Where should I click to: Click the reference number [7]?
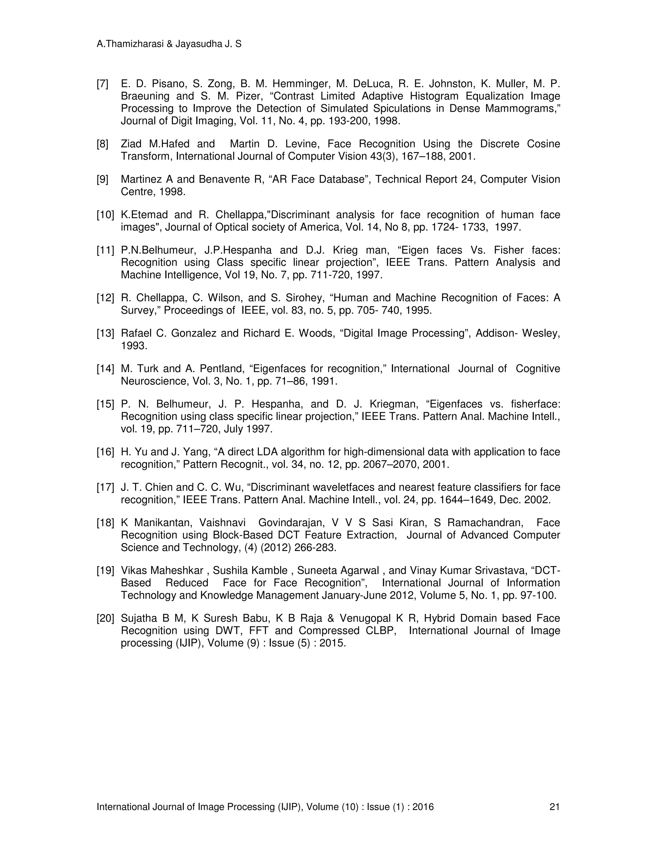[x=102, y=84]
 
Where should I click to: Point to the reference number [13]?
[x=105, y=334]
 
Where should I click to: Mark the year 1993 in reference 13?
[x=134, y=345]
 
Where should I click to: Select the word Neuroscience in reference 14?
[x=155, y=381]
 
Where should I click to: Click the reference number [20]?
[x=105, y=618]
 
